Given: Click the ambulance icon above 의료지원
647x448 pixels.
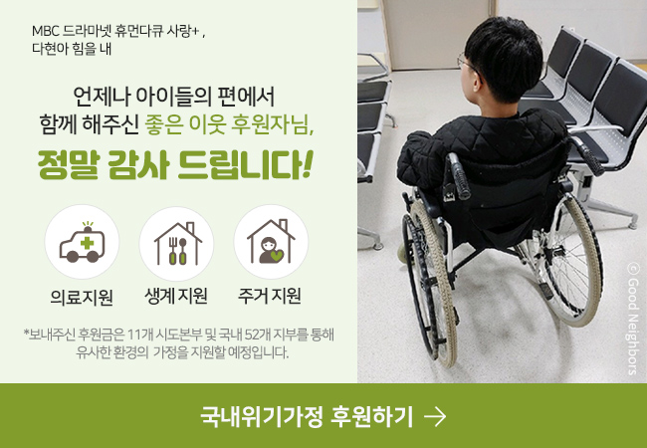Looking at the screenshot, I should tap(82, 242).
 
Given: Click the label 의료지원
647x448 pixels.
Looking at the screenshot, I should tap(82, 297).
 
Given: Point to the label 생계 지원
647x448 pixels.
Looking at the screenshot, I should tap(176, 296).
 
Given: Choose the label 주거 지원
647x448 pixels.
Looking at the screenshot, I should tap(270, 296).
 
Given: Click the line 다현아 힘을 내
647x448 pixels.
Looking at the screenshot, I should tap(72, 48).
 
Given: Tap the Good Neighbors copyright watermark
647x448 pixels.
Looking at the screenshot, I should tap(632, 319).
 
